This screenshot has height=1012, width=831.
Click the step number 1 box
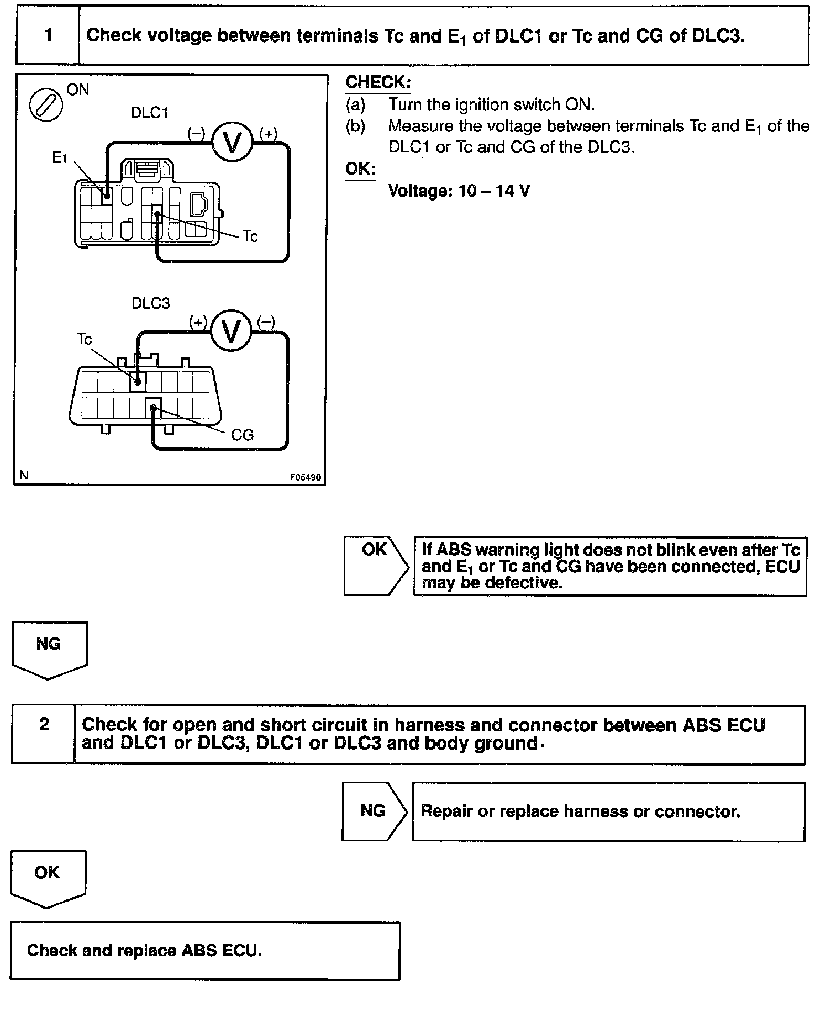tap(48, 36)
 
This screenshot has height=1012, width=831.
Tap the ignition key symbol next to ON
tap(45, 105)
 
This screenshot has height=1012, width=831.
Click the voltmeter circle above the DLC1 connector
tap(233, 143)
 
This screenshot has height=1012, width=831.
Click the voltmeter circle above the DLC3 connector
tap(232, 331)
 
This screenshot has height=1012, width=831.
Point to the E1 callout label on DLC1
tap(59, 159)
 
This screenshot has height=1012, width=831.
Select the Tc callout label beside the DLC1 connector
tap(250, 236)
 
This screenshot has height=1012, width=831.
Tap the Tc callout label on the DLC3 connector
tap(84, 339)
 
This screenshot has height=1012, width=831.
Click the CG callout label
tap(242, 435)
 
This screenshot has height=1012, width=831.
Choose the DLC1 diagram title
tap(149, 113)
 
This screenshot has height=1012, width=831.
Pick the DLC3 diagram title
tap(150, 303)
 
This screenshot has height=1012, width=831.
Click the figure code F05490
tap(305, 477)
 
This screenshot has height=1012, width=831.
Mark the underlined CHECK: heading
tap(378, 83)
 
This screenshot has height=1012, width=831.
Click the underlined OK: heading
tap(360, 169)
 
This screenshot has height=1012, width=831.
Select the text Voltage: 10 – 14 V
tap(459, 191)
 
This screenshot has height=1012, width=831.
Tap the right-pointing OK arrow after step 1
tap(375, 566)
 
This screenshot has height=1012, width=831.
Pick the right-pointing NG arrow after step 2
tap(374, 811)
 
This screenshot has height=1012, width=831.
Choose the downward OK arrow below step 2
tap(48, 878)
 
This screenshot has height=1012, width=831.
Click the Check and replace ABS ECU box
tap(204, 951)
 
